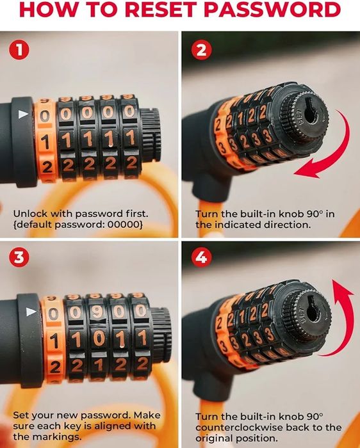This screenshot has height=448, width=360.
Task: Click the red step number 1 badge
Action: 19,50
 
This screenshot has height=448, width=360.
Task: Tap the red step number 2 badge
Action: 201,50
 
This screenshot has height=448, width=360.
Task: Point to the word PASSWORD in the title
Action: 272,10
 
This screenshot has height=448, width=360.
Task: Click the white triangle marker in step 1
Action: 24,115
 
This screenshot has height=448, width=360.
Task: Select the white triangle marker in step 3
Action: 31,312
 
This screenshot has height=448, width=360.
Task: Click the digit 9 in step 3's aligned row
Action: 97,312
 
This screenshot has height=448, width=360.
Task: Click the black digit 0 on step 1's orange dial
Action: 45,116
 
